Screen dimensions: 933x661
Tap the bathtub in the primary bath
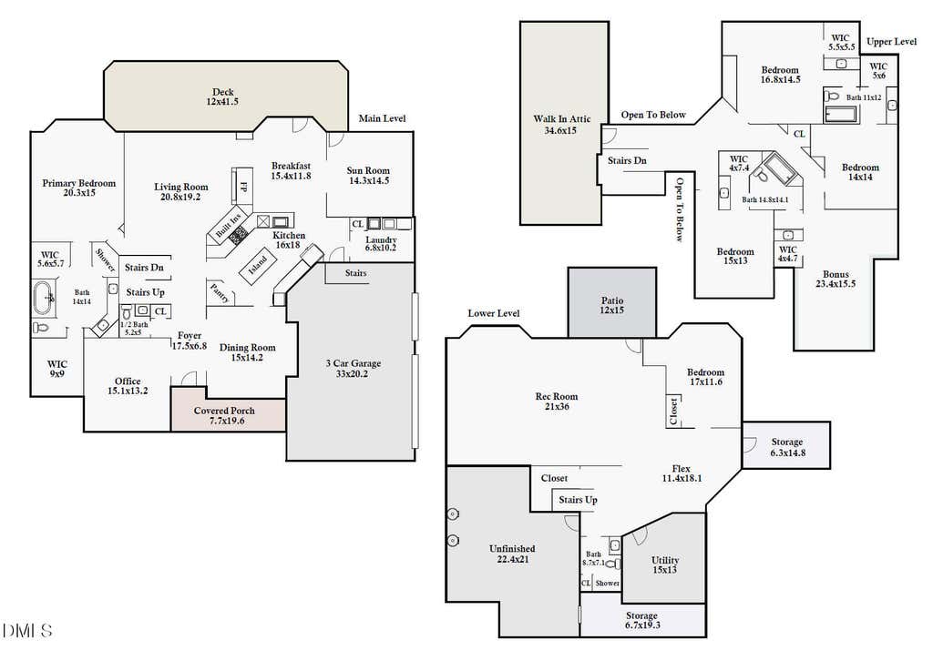click(x=44, y=298)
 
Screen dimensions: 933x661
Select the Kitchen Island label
click(x=258, y=265)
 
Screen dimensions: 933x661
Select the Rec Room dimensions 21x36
click(x=557, y=407)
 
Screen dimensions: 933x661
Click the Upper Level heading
click(x=891, y=42)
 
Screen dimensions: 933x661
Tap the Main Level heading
click(x=382, y=118)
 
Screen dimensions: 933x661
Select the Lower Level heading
click(x=493, y=313)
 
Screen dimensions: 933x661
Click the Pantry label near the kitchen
click(x=219, y=293)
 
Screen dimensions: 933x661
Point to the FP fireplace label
click(x=242, y=186)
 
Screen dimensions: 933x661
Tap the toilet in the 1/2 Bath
click(x=126, y=312)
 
